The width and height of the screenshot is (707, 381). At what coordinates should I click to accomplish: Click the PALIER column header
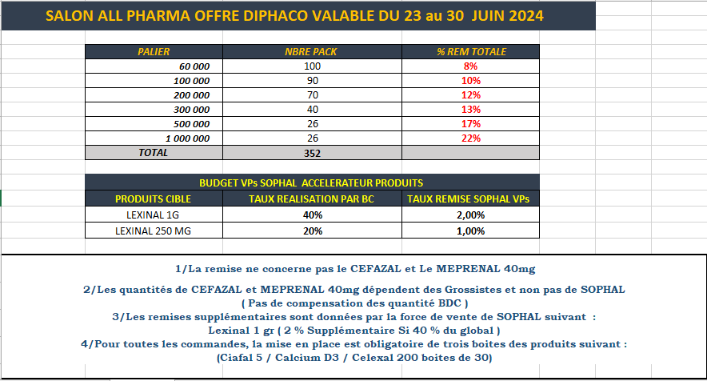coord(154,52)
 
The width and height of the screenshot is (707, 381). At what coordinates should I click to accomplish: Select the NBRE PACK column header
coord(312,52)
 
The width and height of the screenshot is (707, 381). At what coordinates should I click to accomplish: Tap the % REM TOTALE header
coord(471,52)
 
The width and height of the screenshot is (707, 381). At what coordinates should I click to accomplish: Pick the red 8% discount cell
coord(471,66)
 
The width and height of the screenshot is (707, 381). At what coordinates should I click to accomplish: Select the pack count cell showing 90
coord(312,81)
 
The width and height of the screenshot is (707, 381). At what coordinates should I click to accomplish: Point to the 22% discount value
coord(471,138)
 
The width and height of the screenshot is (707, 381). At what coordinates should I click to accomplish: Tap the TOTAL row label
coord(154,152)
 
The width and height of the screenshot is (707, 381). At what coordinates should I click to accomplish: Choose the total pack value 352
coord(312,152)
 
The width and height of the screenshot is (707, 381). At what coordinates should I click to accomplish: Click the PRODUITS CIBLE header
coord(154,199)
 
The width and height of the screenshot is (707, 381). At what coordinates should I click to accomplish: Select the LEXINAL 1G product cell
coord(154,215)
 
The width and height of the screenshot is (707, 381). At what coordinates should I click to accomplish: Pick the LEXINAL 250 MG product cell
coord(154,231)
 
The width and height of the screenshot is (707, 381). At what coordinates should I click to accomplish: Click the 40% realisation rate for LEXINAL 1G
coord(312,215)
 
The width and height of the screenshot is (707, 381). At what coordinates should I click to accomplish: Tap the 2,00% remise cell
coord(471,215)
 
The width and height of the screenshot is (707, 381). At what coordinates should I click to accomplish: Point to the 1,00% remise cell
coord(471,231)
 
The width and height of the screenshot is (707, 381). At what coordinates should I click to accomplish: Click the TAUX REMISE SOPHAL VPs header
coord(471,199)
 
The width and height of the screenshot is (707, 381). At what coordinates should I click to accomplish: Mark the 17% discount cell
coord(471,124)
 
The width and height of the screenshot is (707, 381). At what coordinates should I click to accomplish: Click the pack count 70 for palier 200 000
coord(312,95)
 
